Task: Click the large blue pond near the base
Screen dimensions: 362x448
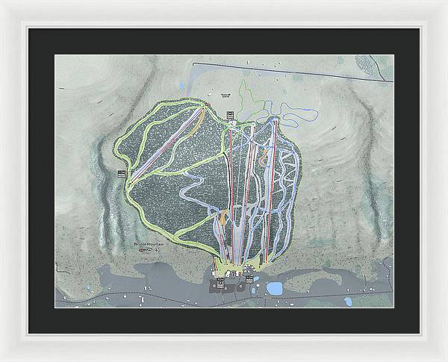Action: [x=275, y=288]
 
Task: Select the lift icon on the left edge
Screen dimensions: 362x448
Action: [x=121, y=173]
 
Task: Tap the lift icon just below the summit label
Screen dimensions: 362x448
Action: [x=230, y=113]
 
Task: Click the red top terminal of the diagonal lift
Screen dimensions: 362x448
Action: [x=204, y=106]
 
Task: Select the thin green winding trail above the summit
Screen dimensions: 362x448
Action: [x=247, y=93]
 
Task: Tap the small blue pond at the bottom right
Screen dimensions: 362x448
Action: [x=348, y=302]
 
